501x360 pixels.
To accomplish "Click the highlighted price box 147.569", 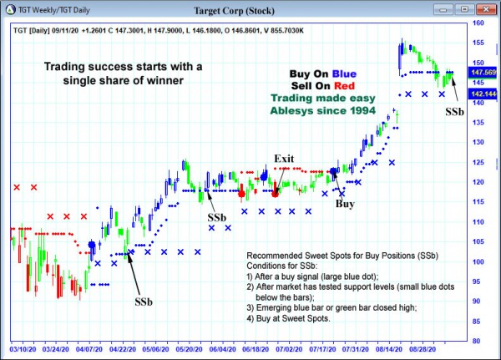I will [x=482, y=73].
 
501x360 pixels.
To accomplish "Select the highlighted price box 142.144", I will [x=482, y=94].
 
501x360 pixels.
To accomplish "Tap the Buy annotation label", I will [x=345, y=203].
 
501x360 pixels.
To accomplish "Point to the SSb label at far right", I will [x=456, y=111].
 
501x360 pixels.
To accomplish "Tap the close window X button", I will [x=487, y=11].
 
